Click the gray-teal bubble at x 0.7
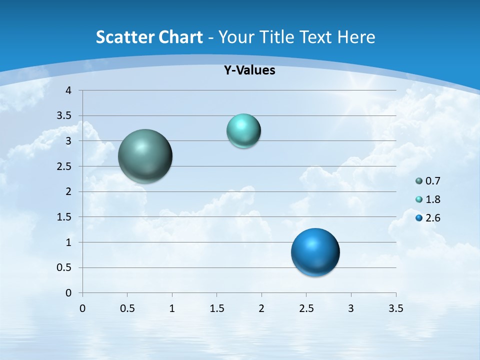pos(145,156)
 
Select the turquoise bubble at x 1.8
pos(243,131)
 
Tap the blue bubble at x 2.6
pos(315,252)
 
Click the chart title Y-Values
pos(249,70)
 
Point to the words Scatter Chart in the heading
pos(149,37)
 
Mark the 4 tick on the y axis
pos(68,90)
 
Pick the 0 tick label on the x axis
pos(82,308)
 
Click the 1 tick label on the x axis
pos(172,308)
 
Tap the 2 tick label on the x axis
pos(261,308)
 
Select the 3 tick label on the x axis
pos(351,308)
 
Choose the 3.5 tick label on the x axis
pos(395,308)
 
